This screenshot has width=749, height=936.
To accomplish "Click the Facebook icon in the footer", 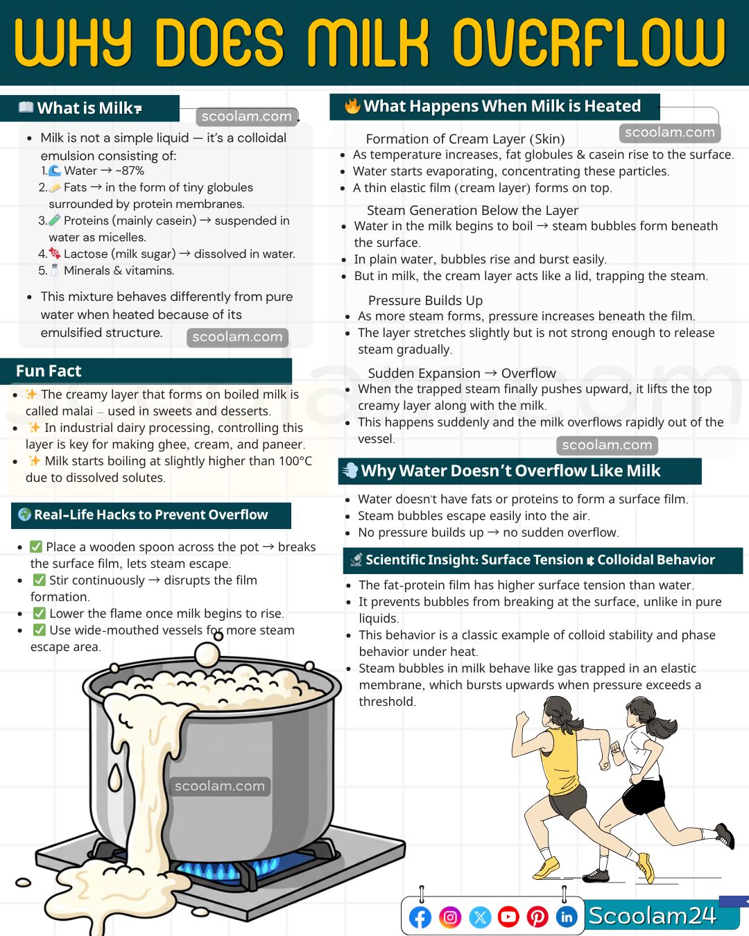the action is click(x=420, y=917).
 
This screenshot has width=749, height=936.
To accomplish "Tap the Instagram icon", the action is click(x=450, y=917).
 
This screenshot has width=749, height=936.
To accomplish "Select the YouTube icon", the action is click(x=508, y=917).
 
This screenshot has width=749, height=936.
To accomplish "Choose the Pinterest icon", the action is click(x=537, y=917).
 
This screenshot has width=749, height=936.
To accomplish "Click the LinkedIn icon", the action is click(x=567, y=917).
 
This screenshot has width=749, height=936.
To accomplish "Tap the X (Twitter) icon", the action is click(x=480, y=917).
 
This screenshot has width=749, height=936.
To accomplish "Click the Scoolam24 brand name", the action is click(x=653, y=916).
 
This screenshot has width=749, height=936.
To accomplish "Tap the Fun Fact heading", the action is click(x=49, y=371).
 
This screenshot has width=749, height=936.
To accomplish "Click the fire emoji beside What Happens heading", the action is click(x=352, y=105).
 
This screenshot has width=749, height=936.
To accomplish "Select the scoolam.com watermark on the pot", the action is click(x=219, y=786).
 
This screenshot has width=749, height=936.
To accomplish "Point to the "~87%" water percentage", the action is click(x=129, y=171).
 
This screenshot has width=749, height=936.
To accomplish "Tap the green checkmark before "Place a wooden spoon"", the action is click(x=35, y=547).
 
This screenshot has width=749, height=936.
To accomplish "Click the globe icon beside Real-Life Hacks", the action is click(x=24, y=514).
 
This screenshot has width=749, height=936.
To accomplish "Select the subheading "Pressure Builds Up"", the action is click(x=425, y=300).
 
